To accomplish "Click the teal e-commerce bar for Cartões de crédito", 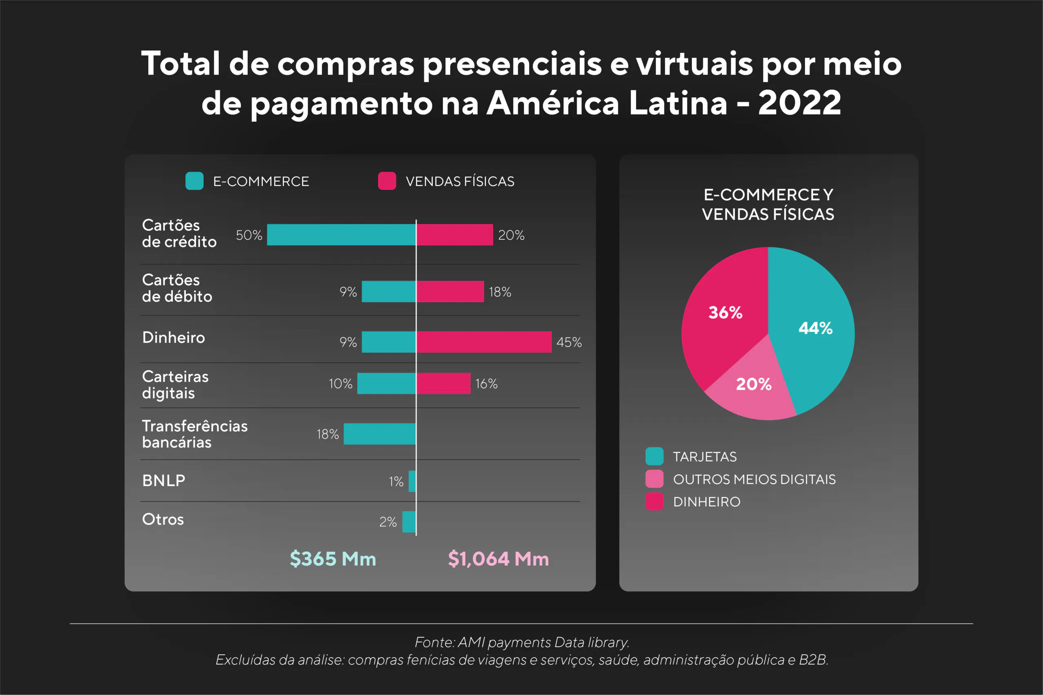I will pos(341,235).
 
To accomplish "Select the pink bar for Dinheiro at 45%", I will pos(484,342).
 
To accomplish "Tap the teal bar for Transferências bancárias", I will pos(380,434).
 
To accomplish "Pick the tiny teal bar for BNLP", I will pos(412,481).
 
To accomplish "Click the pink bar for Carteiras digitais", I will pos(443,383).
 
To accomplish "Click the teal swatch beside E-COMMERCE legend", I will pos(194,181).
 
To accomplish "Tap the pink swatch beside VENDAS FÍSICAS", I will pos(387,181).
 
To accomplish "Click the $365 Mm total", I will pos(332,559).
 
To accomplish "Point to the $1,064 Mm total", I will pos(498,559).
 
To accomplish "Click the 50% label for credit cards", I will pos(249,235).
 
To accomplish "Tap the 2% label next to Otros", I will pos(387,522).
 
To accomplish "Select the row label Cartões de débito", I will pos(177,288).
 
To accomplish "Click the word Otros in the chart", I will pos(163,519).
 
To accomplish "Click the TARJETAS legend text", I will pos(705,456).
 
